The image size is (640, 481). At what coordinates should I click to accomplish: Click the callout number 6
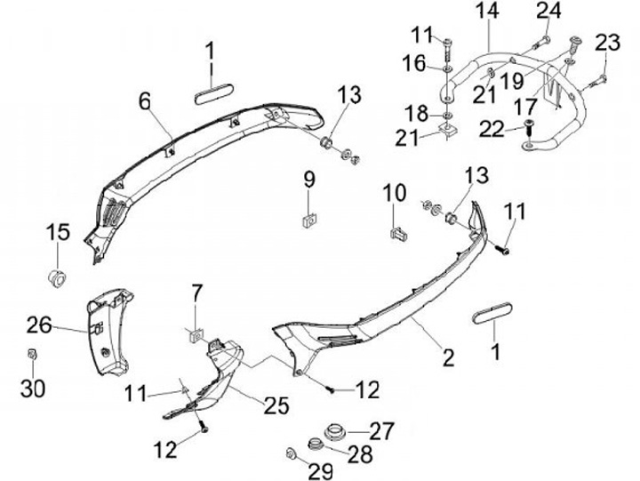(x=144, y=102)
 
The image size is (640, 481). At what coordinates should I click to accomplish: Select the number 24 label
(x=548, y=11)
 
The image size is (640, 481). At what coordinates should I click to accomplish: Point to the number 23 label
(x=607, y=42)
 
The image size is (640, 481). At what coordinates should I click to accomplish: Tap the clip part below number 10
(x=398, y=233)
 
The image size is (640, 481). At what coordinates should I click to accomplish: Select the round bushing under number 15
(x=58, y=275)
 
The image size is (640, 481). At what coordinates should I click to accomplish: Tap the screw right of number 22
(x=528, y=126)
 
